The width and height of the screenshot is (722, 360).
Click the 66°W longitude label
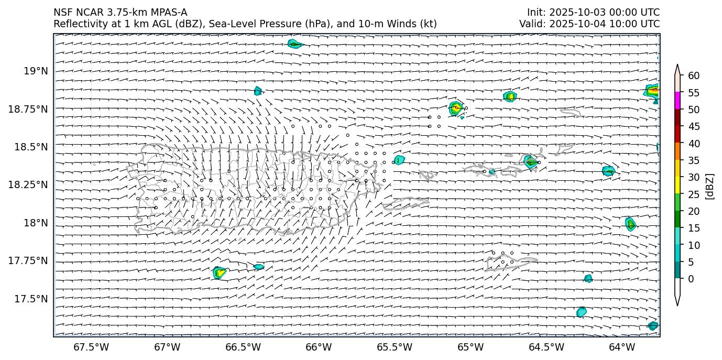pos(319,347)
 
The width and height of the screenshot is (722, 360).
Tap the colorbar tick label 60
pos(693,76)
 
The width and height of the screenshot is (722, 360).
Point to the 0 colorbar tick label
pos(691,279)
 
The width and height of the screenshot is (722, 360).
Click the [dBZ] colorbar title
pos(710,186)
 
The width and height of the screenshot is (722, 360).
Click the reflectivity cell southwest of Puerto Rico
pos(220,272)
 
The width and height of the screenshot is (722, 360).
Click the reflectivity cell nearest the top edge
pos(295,43)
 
